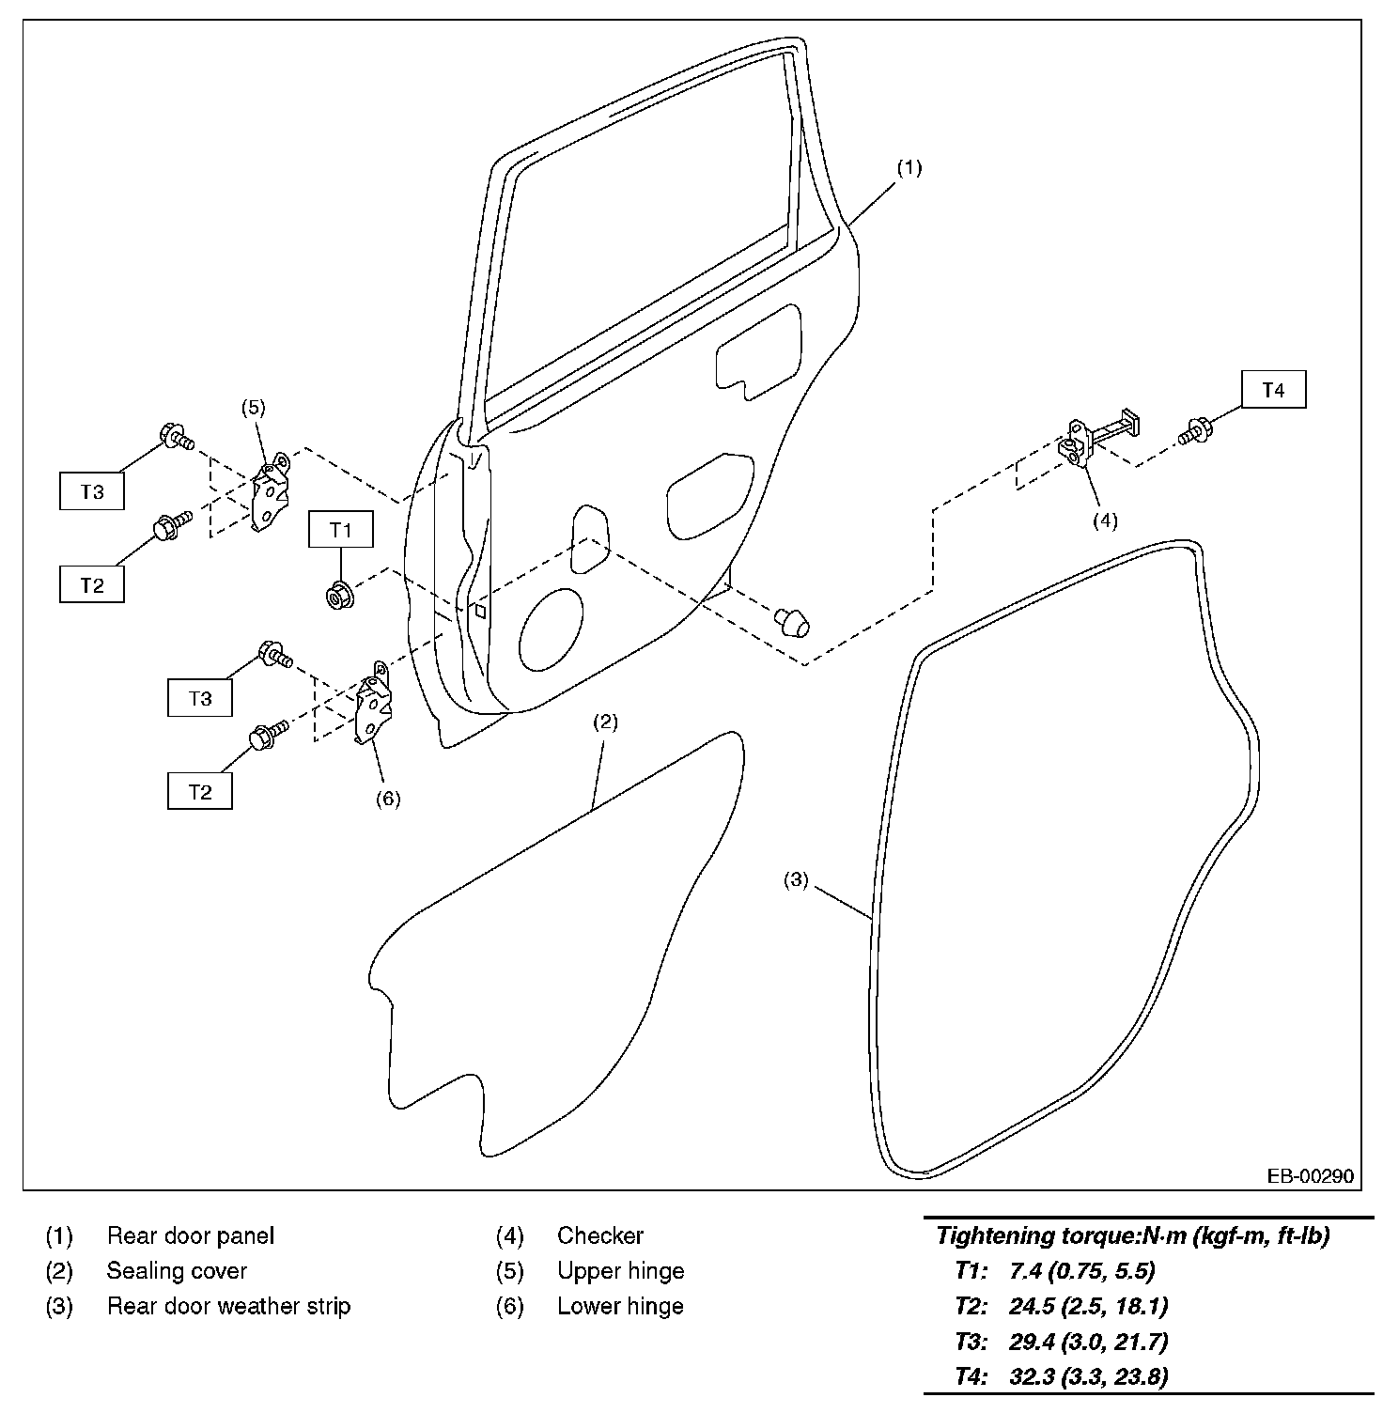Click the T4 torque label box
coord(1273,390)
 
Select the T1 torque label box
coord(341,530)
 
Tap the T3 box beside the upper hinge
coord(92,491)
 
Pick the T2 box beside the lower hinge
coord(200,791)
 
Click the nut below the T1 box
coord(337,595)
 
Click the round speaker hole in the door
coord(551,629)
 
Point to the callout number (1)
coord(909,168)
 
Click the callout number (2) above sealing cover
coord(605,722)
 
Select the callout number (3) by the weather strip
coord(796,880)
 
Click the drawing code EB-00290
coord(1310,1175)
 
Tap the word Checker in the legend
coord(600,1235)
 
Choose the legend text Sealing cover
coord(177,1271)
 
